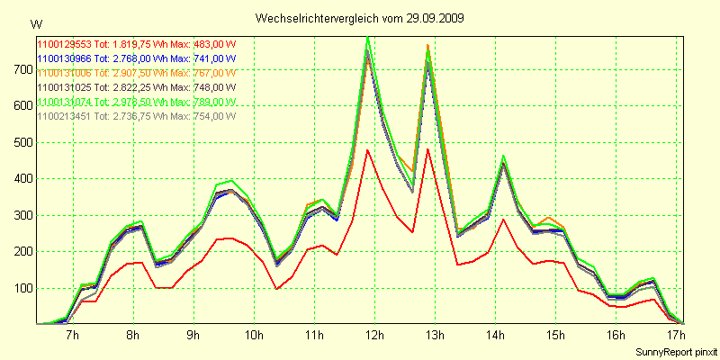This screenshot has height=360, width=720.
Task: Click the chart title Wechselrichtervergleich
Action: tap(318, 18)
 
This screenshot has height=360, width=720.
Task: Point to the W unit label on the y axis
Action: tap(35, 23)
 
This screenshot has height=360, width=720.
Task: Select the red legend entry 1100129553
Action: tap(65, 42)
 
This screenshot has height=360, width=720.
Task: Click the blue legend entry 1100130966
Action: tap(65, 57)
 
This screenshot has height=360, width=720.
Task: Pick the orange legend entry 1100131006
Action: tap(65, 72)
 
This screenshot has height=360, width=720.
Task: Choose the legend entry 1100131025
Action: tap(65, 87)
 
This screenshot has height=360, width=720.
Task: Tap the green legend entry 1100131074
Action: tap(65, 102)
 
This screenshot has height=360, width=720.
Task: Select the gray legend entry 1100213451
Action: tap(65, 116)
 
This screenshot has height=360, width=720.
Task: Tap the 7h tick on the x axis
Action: tap(72, 336)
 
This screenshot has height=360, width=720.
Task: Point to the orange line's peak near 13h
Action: tap(427, 45)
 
